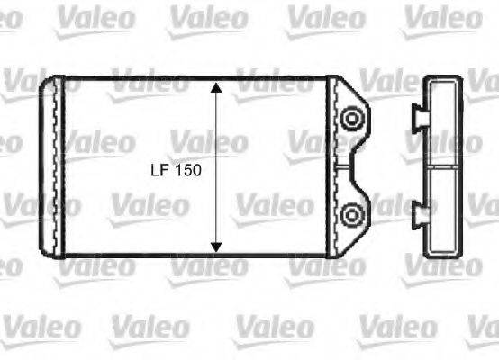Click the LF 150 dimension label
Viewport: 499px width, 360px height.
[x=177, y=170]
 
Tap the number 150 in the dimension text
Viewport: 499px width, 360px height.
[x=187, y=170]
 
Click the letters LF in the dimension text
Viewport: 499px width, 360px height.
[x=158, y=170]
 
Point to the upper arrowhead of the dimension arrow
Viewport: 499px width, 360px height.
[x=216, y=88]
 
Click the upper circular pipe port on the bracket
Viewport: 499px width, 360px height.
[x=352, y=117]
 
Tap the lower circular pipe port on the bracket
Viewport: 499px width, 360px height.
[x=352, y=214]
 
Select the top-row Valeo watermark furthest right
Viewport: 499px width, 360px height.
[x=441, y=18]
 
